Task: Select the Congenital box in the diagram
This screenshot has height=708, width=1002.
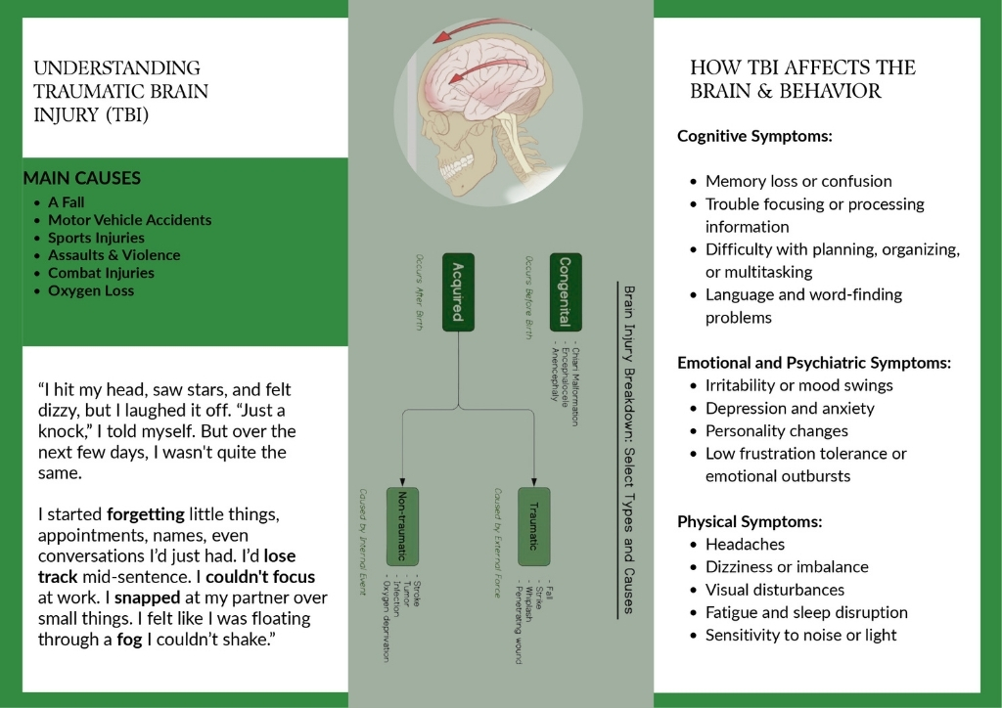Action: coord(566,290)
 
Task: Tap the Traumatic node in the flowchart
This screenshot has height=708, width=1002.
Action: coord(533,525)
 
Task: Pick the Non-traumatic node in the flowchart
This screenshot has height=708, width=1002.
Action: coord(402,525)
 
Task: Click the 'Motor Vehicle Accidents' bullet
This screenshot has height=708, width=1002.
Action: coord(129,220)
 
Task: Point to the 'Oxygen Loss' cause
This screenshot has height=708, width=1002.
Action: coord(91,290)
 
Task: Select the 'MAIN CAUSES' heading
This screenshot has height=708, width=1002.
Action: coord(82,179)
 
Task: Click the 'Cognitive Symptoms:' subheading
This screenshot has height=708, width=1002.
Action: coord(754,136)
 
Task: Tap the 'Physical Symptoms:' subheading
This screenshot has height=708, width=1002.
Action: coord(750,521)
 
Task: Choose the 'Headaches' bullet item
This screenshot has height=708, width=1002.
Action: coord(745,544)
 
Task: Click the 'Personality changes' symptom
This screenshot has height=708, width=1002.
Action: coord(777,430)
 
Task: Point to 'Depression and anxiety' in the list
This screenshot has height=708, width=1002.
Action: coord(790,408)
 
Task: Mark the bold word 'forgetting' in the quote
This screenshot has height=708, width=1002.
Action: coord(147,514)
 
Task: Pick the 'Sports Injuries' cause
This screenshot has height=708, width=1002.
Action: coord(96,238)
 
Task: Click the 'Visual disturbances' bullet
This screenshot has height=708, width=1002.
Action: coord(775,590)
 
